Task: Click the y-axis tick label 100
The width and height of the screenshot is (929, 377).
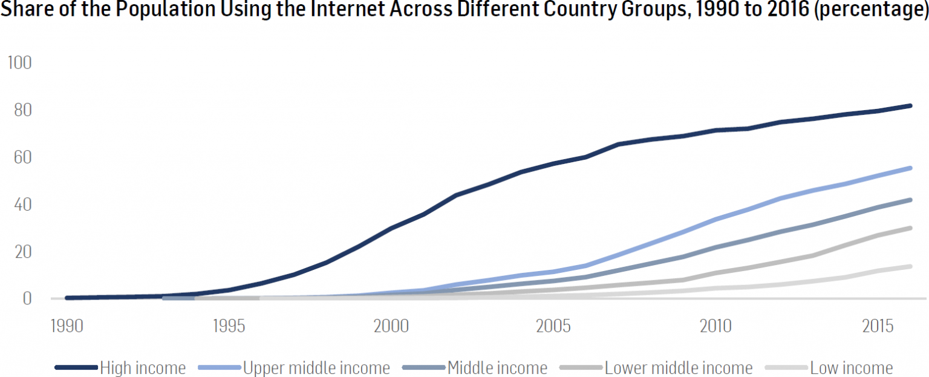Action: (19, 64)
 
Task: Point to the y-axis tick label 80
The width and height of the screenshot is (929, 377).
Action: (19, 111)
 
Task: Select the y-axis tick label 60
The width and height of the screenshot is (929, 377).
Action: (19, 158)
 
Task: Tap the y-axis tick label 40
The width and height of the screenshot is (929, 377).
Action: (19, 205)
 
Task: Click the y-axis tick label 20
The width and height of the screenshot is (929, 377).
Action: (19, 252)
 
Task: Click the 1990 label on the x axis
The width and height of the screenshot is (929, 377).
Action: (67, 327)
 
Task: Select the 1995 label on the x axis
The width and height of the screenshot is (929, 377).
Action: (229, 327)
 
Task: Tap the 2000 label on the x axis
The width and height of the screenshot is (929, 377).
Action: (391, 327)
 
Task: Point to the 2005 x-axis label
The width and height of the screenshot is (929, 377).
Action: (553, 327)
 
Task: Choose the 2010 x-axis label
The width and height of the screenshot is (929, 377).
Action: (715, 327)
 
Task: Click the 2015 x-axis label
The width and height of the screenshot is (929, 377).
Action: (877, 327)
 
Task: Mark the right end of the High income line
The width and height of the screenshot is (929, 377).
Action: (910, 106)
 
